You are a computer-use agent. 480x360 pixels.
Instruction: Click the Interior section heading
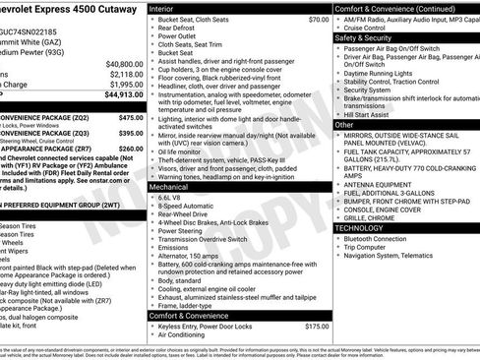(163, 8)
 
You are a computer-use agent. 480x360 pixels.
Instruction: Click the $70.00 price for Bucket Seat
(318, 19)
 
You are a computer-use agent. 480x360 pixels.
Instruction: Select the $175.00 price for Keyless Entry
(317, 326)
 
